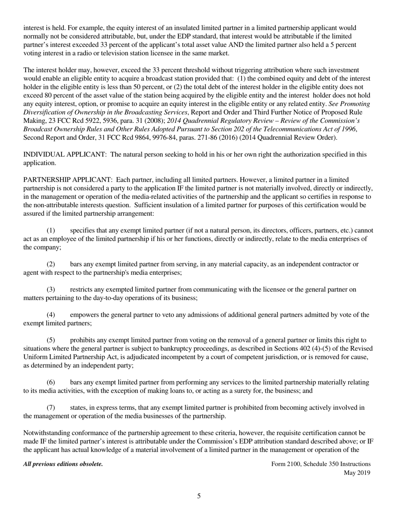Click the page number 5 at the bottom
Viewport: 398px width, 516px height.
[199, 496]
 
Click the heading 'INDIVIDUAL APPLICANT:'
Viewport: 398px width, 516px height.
[64, 154]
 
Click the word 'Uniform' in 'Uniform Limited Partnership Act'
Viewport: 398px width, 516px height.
[35, 357]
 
